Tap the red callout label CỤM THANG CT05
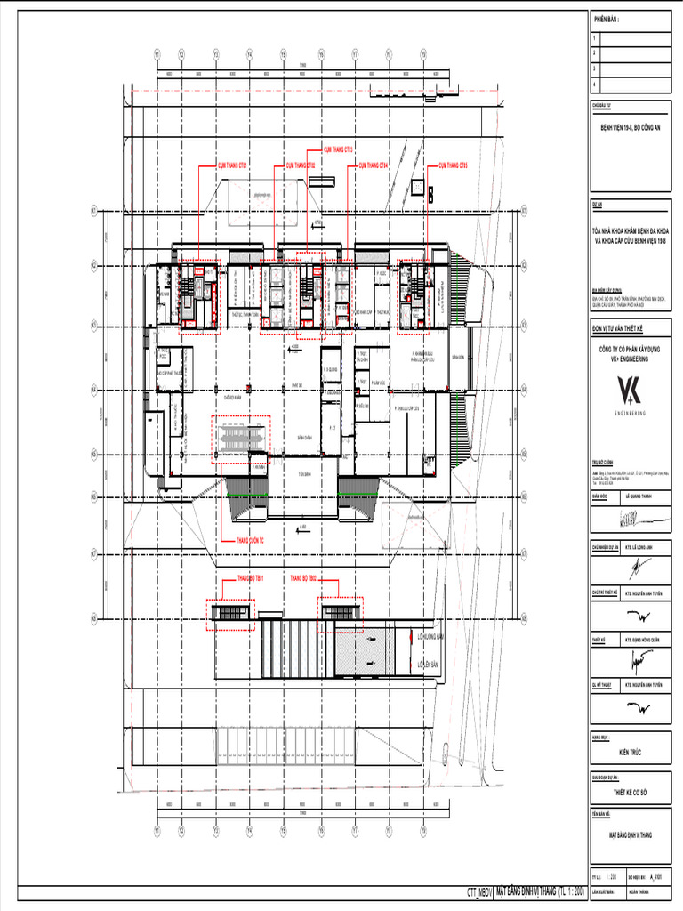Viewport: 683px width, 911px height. coord(453,165)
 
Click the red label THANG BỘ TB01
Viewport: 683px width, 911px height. coord(252,578)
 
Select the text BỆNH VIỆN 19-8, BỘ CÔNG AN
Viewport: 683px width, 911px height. coord(631,129)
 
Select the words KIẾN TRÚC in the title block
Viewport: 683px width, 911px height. coord(631,753)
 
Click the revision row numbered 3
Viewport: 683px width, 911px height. coord(631,68)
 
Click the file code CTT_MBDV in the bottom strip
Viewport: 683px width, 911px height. coord(479,891)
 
